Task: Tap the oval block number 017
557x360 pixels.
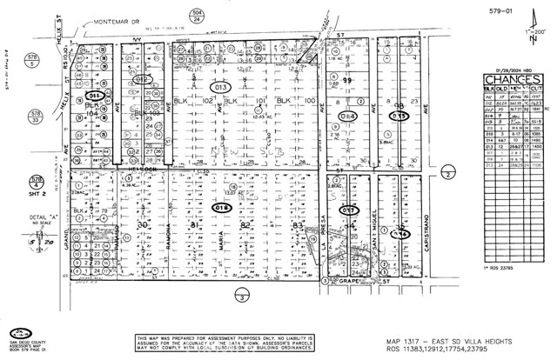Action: click(349, 210)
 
